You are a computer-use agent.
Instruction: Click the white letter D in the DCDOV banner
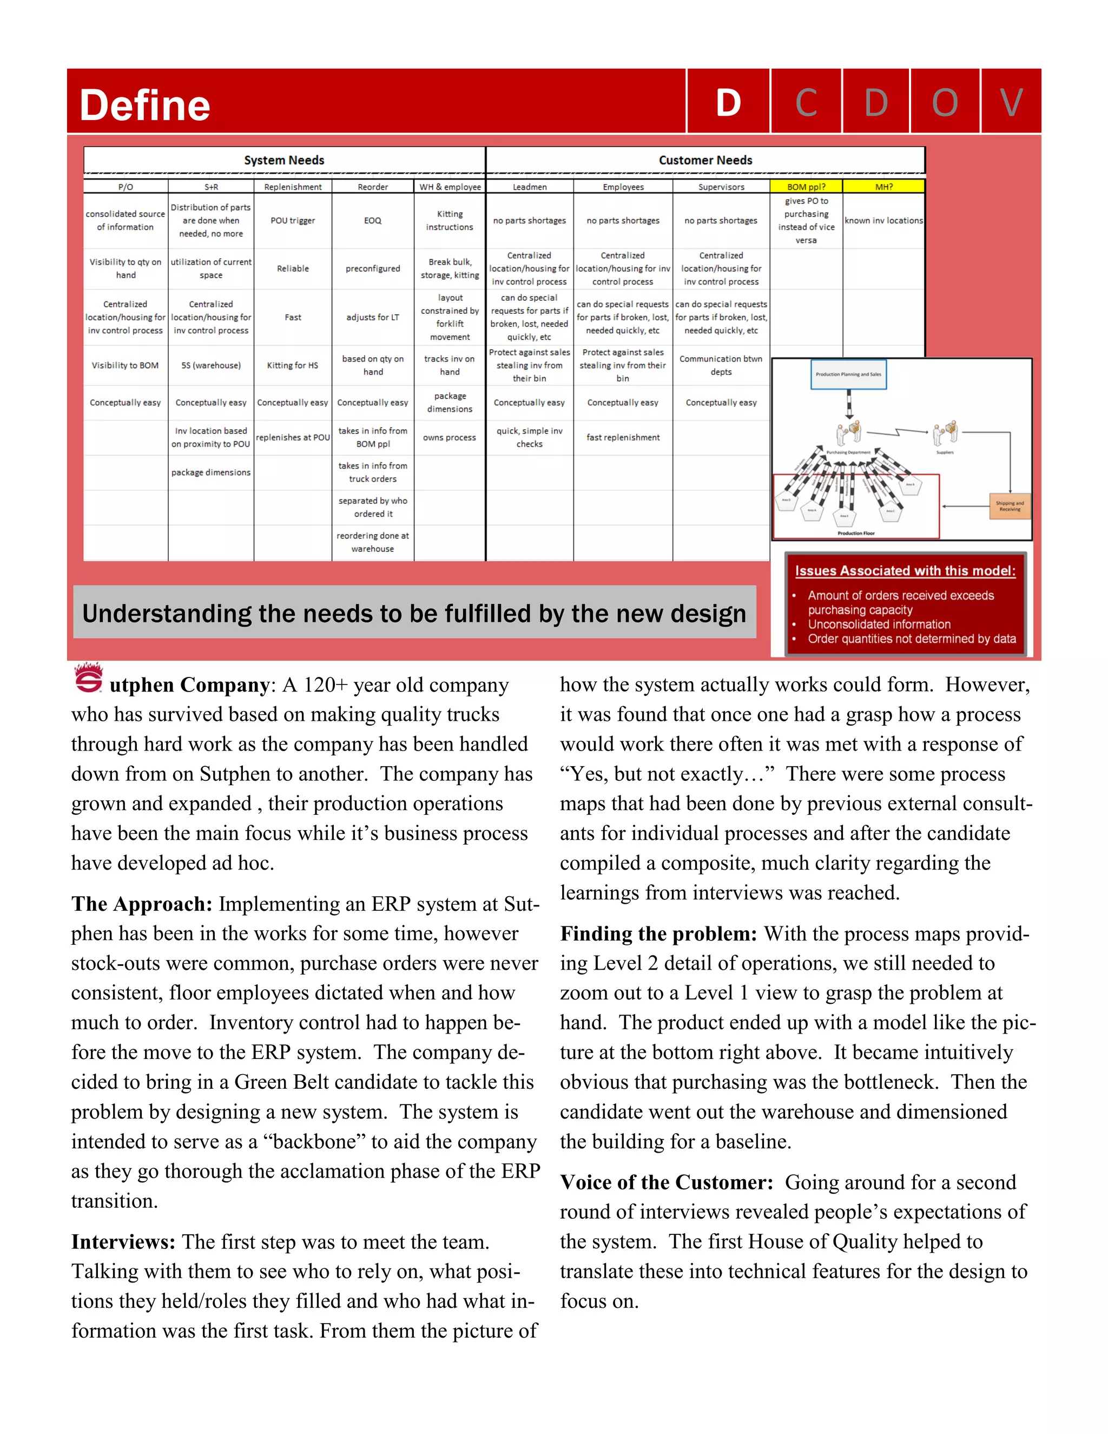pyautogui.click(x=728, y=103)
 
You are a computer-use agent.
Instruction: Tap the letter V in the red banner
pyautogui.click(x=1011, y=103)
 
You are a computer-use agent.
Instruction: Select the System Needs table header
pyautogui.click(x=283, y=160)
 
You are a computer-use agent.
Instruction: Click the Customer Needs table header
pyautogui.click(x=705, y=160)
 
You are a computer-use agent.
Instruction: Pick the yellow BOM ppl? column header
pyautogui.click(x=806, y=187)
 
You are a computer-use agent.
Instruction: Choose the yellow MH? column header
pyautogui.click(x=883, y=187)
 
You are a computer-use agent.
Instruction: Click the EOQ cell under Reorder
pyautogui.click(x=372, y=221)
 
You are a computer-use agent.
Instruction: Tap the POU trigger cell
pyautogui.click(x=293, y=221)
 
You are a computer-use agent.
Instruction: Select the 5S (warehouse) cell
pyautogui.click(x=210, y=365)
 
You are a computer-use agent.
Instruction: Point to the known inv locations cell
pyautogui.click(x=883, y=221)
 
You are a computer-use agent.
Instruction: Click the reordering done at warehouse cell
pyautogui.click(x=372, y=542)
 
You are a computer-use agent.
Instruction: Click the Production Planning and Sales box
pyautogui.click(x=848, y=374)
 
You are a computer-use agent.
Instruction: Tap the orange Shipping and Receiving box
pyautogui.click(x=1010, y=506)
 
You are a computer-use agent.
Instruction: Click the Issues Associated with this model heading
pyautogui.click(x=905, y=570)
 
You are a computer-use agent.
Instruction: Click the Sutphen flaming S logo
pyautogui.click(x=89, y=678)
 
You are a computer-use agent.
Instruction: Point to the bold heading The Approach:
pyautogui.click(x=142, y=904)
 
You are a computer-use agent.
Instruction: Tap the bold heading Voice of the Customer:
pyautogui.click(x=666, y=1182)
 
